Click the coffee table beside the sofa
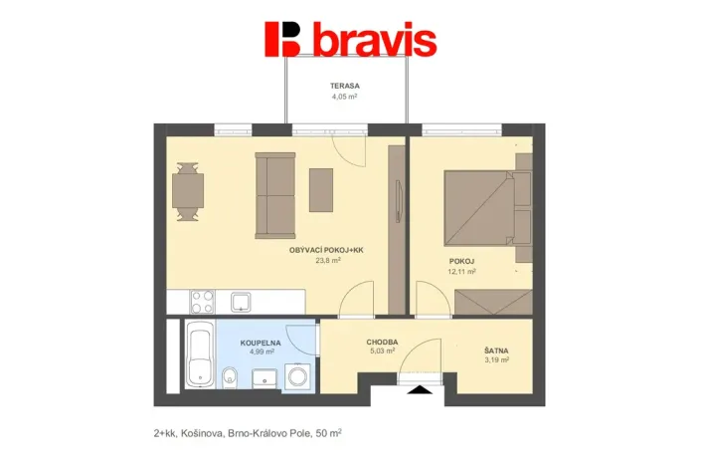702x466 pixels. coord(321,189)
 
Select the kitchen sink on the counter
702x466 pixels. coord(242,300)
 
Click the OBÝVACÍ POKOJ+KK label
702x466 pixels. coord(319,250)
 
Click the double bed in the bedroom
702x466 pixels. coord(480,210)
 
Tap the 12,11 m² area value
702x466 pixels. coord(462,271)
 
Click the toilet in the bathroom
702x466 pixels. coord(230,376)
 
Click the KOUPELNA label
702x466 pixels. coord(261,342)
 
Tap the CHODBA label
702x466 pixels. coord(382,342)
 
